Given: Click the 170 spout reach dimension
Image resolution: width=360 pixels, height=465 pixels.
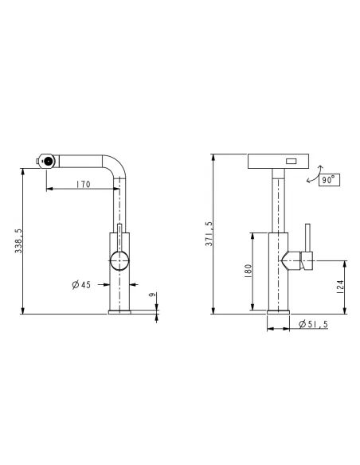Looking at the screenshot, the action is coord(83,184).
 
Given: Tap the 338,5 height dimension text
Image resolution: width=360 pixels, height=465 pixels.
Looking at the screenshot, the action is coord(18,240).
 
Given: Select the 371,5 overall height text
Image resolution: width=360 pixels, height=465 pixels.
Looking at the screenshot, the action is coord(209,233).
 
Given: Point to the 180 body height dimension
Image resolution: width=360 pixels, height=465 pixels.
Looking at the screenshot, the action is coord(248,271).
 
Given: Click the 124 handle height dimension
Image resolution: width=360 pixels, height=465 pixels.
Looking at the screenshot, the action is coord(340,287).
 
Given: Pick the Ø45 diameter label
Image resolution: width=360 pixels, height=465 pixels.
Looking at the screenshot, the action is coord(81,285).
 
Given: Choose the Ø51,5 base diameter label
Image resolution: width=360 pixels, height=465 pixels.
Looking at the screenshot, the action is coord(313,324).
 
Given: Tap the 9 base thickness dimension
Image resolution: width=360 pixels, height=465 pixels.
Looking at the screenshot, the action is coord(152,295).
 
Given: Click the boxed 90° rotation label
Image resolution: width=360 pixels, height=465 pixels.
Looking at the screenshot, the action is coord(329,180).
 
